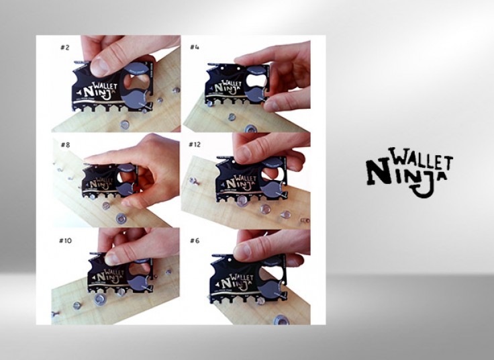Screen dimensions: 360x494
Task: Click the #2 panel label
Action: [65, 47]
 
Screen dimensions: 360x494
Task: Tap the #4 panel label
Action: [195, 47]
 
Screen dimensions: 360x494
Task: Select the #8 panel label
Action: [65, 144]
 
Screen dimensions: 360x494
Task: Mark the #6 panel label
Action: [195, 240]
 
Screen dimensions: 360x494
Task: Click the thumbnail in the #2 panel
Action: [99, 66]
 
